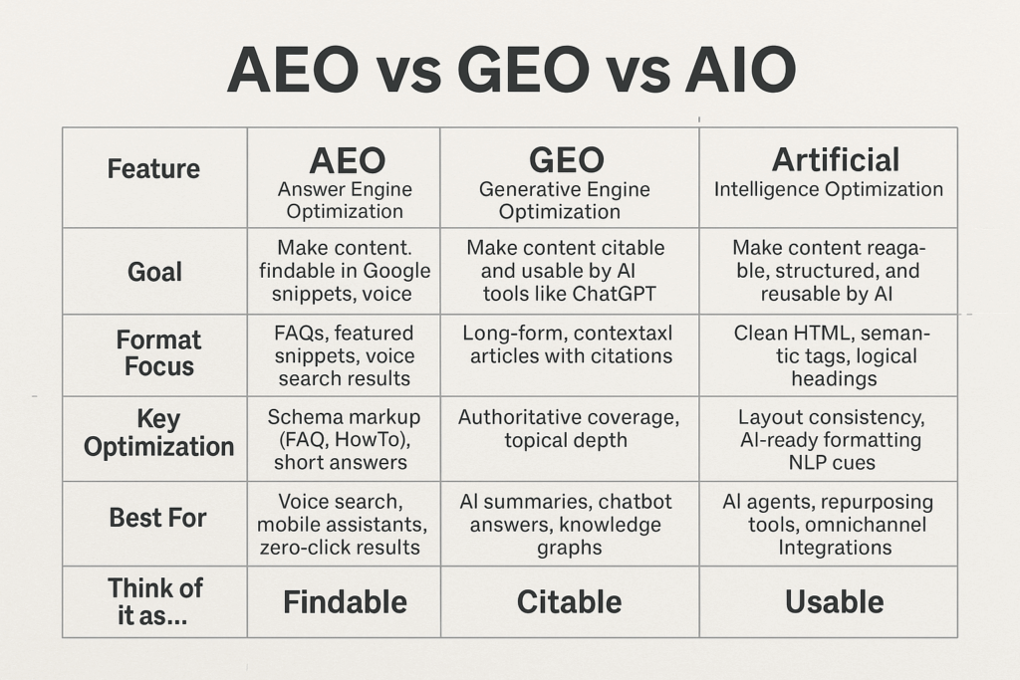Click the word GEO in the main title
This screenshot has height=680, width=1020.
click(x=524, y=71)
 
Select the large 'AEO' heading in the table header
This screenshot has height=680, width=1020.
click(x=348, y=160)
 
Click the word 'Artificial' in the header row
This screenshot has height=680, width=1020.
click(x=836, y=160)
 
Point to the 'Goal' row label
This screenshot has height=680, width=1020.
click(x=154, y=272)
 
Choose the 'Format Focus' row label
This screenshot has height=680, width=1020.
click(x=158, y=353)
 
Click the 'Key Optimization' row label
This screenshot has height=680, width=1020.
click(x=158, y=433)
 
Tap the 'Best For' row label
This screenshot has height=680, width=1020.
click(x=158, y=518)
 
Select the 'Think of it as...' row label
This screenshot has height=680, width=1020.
click(x=154, y=602)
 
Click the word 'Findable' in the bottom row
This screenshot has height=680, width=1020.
click(x=345, y=602)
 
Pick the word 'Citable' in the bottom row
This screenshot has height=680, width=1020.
click(x=569, y=602)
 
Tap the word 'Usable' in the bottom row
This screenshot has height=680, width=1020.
click(x=835, y=602)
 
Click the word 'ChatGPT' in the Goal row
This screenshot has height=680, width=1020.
click(x=614, y=294)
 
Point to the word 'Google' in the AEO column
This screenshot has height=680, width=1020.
click(x=396, y=271)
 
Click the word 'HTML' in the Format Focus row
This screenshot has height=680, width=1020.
click(x=821, y=334)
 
